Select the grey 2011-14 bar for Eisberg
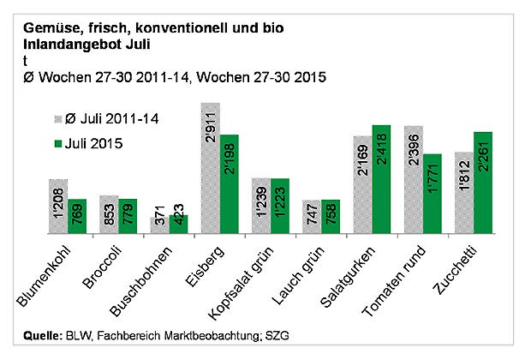pyautogui.click(x=210, y=167)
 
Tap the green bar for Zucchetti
pyautogui.click(x=483, y=182)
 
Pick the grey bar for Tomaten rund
pyautogui.click(x=414, y=178)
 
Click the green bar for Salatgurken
pyautogui.click(x=381, y=178)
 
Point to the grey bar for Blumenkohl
pyautogui.click(x=58, y=206)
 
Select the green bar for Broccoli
pyautogui.click(x=128, y=215)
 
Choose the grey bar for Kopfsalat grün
pyautogui.click(x=261, y=205)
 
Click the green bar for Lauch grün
pyautogui.click(x=331, y=215)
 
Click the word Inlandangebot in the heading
pyautogui.click(x=59, y=43)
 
